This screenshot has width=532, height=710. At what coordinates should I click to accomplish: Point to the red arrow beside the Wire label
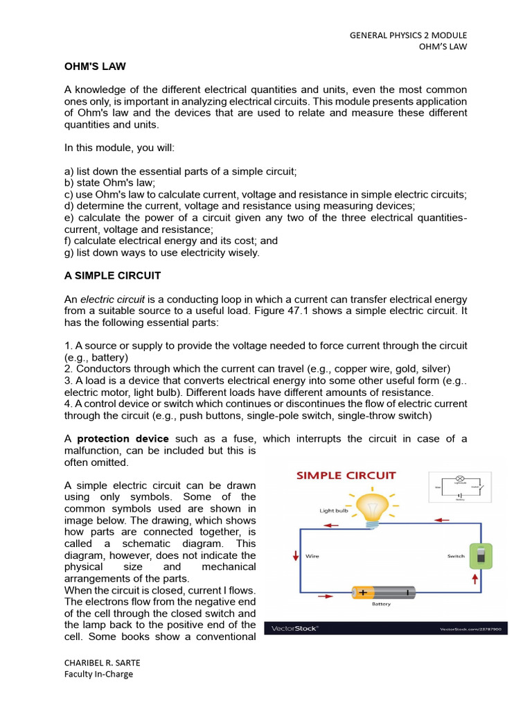[296, 555]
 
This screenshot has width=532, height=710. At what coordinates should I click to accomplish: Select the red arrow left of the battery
[325, 595]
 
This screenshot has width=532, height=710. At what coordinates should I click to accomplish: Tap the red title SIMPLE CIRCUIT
[346, 476]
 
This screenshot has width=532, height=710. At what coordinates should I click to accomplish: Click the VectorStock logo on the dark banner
[294, 628]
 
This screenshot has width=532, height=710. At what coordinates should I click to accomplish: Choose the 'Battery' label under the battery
[381, 605]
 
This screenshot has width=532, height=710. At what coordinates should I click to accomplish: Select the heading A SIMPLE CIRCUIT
[112, 275]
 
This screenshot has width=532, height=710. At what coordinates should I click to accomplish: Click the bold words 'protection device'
[123, 439]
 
